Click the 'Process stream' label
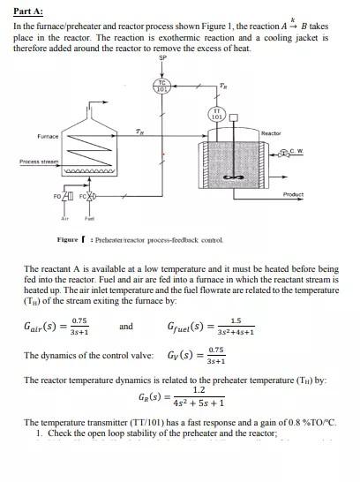click(36, 162)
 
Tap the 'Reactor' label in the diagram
click(271, 133)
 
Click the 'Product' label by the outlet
click(294, 194)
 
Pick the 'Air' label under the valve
click(64, 217)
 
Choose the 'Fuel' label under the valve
click(88, 217)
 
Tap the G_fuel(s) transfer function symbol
click(187, 327)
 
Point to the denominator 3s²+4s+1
click(235, 333)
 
